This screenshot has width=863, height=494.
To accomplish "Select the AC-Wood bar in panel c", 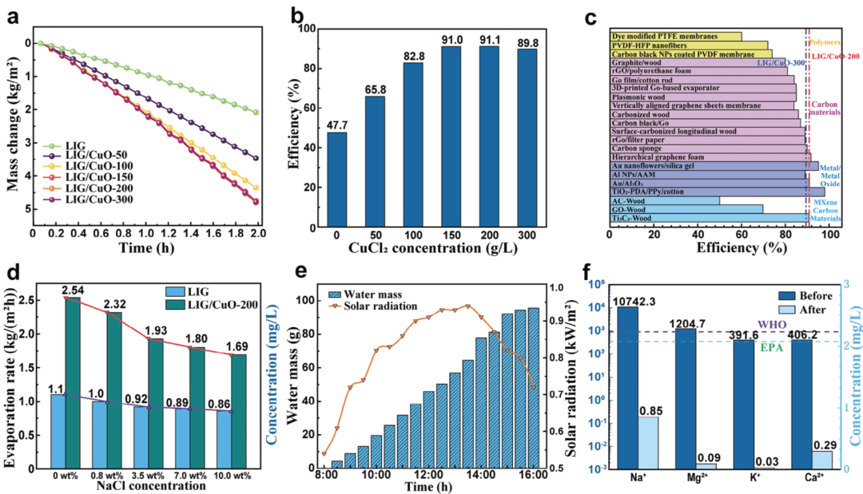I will (x=664, y=200).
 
